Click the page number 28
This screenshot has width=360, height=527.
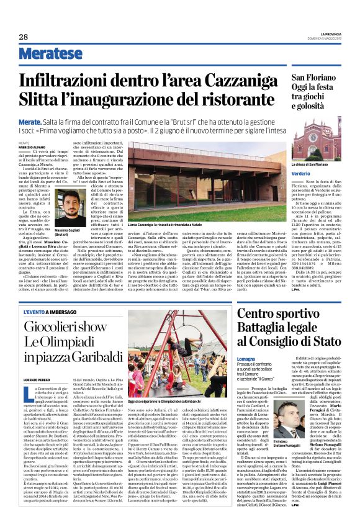[x=24, y=37]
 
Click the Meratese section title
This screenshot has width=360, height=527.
[x=50, y=54]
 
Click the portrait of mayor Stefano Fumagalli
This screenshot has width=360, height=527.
[x=252, y=422]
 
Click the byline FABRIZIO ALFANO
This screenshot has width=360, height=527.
[x=34, y=146]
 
